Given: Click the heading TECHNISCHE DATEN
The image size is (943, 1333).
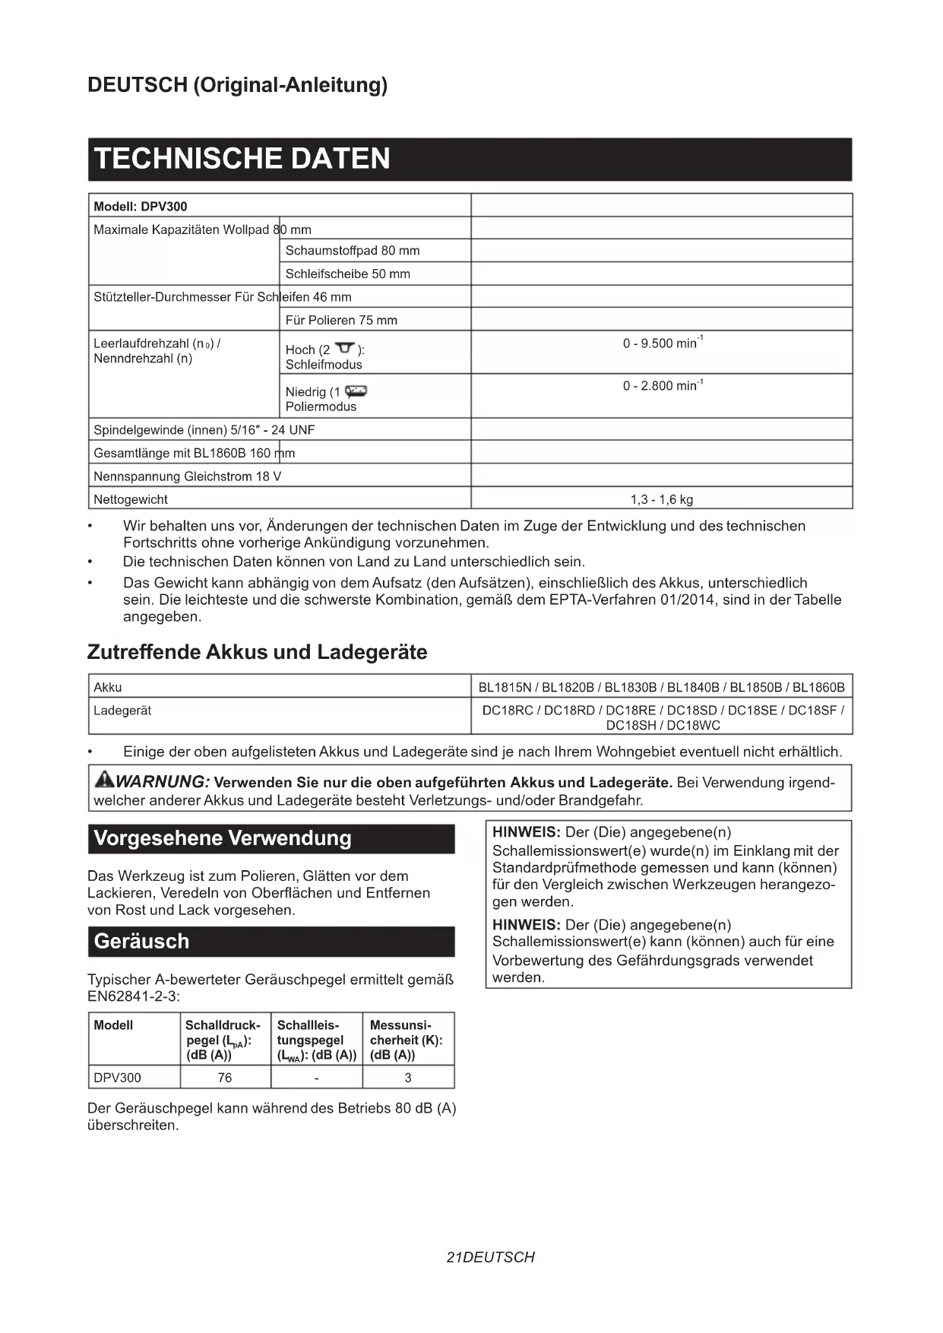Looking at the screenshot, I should click(242, 159).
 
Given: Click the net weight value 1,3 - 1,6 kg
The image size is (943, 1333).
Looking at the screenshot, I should click(661, 499).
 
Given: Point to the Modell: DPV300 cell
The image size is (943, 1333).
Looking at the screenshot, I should click(141, 207).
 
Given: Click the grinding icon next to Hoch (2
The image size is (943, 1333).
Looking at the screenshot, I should click(346, 348).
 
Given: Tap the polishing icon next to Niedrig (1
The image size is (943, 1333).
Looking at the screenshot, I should click(356, 391).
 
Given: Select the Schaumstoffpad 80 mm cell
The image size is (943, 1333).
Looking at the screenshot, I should click(352, 251).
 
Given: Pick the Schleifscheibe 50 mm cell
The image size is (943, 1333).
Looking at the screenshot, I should click(347, 274).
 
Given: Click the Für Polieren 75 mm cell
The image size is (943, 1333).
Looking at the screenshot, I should click(341, 320).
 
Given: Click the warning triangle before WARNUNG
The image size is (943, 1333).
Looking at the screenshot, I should click(103, 779).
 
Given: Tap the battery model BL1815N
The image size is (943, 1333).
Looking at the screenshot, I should click(505, 688).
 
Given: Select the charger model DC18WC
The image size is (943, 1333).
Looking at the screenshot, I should click(695, 725).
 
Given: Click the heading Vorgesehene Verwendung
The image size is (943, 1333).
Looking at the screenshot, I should click(223, 838).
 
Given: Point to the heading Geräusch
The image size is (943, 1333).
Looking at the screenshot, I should click(141, 942).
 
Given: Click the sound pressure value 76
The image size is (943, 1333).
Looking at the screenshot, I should click(225, 1078).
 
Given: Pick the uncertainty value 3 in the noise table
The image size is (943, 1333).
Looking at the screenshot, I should click(408, 1078).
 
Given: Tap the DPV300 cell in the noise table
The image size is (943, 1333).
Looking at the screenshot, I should click(117, 1078).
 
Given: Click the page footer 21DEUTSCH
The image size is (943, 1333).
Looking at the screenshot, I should click(490, 1258).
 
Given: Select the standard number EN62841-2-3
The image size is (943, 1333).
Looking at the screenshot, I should click(133, 996).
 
